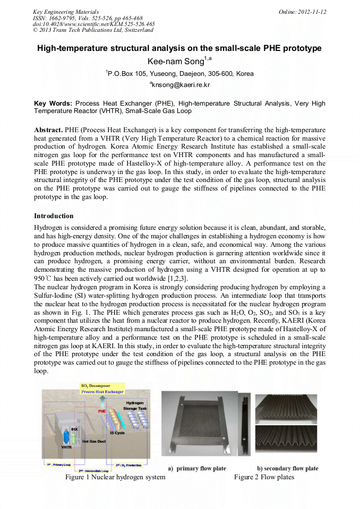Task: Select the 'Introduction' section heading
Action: click(x=54, y=216)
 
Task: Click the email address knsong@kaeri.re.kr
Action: click(x=180, y=84)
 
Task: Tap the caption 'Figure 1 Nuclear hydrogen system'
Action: click(x=115, y=477)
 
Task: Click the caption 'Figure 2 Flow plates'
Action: click(x=264, y=477)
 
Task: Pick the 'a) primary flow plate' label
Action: click(x=197, y=469)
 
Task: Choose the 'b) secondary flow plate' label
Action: click(x=288, y=469)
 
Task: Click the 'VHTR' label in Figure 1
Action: click(x=66, y=447)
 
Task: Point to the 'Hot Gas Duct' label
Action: click(x=93, y=441)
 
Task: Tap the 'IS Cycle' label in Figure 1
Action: click(x=117, y=433)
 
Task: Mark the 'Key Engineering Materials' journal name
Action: click(x=66, y=12)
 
